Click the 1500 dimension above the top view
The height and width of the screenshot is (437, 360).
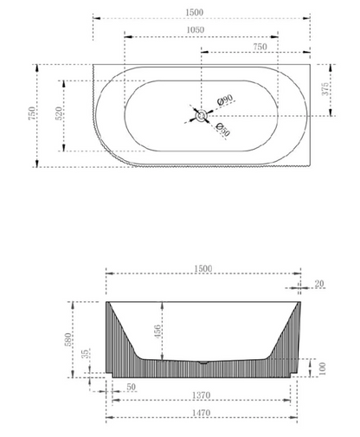pos(201,11)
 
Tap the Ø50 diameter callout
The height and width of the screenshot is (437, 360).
pos(222,131)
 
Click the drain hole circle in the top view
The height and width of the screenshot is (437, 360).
pos(201,114)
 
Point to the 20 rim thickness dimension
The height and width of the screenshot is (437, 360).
pos(320,283)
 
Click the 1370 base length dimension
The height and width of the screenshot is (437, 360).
pos(203,395)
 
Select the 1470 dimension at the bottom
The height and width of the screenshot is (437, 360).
pos(203,415)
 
